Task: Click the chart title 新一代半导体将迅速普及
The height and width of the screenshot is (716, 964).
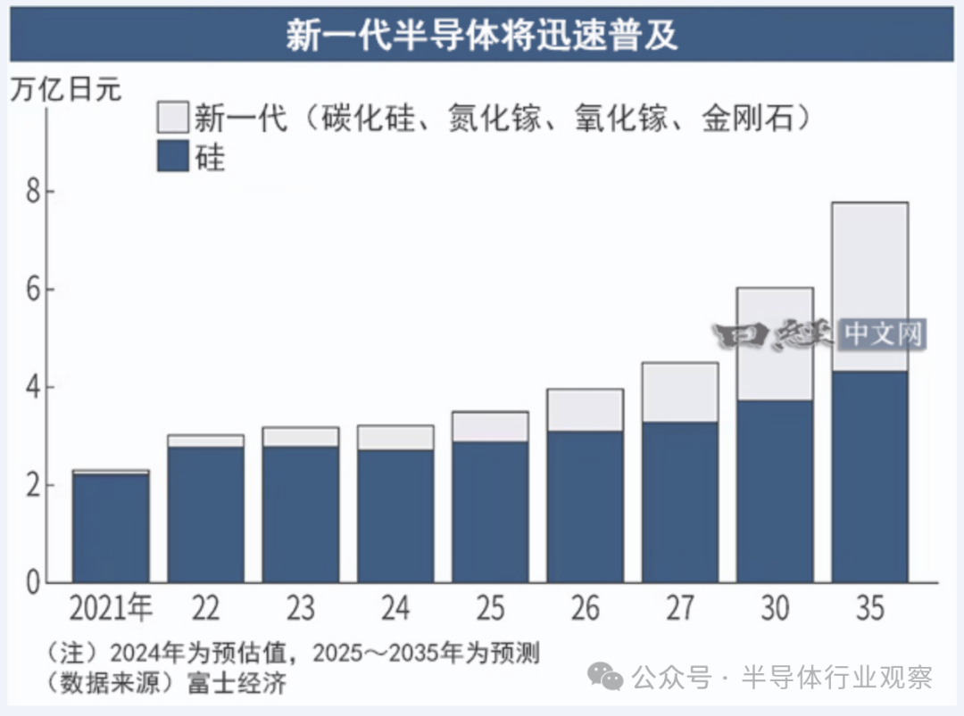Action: point(482,35)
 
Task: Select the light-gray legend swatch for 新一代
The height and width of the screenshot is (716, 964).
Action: point(172,117)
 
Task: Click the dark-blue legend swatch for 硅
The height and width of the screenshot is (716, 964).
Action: point(172,156)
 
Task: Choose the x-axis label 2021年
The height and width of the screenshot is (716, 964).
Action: point(111,608)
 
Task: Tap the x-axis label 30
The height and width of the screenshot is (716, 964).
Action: point(775,608)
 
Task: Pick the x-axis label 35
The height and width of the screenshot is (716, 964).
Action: point(869,608)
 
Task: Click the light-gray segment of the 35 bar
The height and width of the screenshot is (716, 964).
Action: point(869,285)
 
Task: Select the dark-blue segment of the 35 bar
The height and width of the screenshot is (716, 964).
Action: point(869,477)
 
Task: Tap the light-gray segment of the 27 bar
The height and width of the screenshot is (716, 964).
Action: point(679,391)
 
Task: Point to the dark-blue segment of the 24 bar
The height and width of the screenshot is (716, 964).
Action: point(395,516)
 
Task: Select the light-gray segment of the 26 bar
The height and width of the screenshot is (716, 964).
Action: point(585,409)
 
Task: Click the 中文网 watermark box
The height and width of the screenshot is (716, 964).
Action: point(882,334)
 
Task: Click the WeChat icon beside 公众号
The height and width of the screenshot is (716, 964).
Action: point(610,678)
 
